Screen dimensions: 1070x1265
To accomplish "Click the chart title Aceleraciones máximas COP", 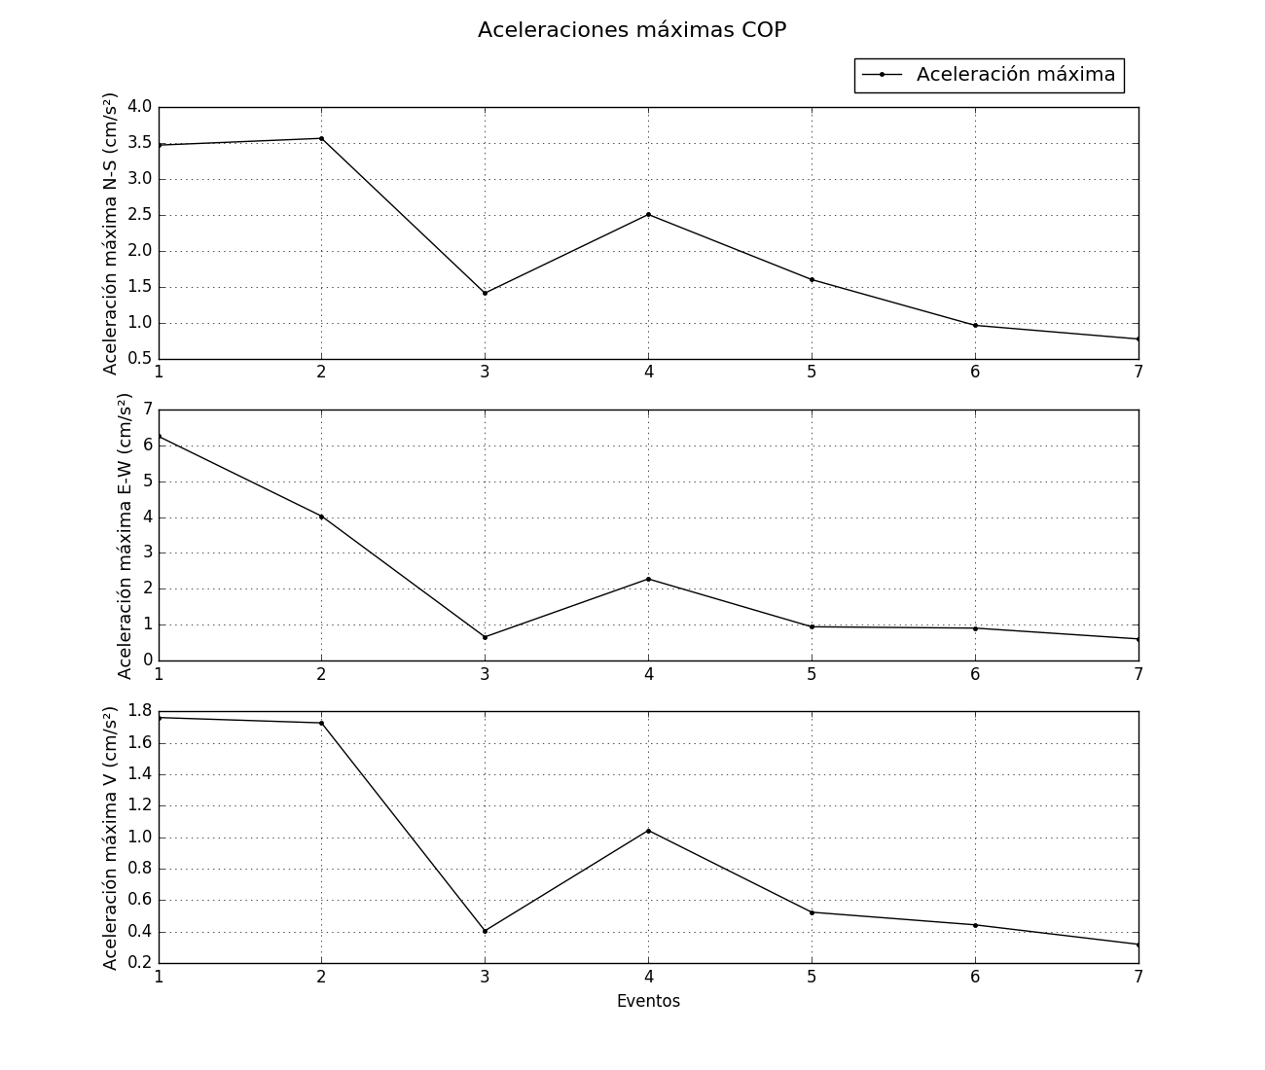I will pos(632,30).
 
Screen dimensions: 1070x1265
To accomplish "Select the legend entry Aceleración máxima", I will pos(1015,75).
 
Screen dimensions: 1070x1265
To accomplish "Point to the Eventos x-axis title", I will pos(648,1001).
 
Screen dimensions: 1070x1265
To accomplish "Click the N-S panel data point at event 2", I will pos(321,138).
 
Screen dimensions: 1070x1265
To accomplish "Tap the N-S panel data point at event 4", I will pos(648,214).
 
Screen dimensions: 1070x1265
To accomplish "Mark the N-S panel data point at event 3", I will pos(485,293).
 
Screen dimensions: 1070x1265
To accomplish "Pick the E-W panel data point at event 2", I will pos(321,517).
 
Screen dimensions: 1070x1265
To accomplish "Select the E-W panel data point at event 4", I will pos(648,579).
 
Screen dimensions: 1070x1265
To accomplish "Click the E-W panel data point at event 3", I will pos(485,637).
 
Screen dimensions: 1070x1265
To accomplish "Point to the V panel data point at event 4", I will pos(648,831).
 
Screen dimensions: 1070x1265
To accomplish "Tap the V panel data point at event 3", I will pos(485,931).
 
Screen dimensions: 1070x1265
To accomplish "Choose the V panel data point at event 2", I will pos(321,723).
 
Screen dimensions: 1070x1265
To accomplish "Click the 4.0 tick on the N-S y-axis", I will pos(140,107).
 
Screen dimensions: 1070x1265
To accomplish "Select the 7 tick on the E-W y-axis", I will pos(148,410).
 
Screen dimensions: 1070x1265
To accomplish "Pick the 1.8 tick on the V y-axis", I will pos(140,711).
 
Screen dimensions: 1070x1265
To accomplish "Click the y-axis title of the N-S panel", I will pos(111,233).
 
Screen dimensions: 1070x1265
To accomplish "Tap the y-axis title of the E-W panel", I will pos(126,536).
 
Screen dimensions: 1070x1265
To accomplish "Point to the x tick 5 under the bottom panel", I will pos(812,977).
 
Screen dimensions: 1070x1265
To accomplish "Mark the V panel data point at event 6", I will pos(975,925).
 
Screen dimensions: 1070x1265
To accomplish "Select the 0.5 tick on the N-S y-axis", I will pos(140,359).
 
